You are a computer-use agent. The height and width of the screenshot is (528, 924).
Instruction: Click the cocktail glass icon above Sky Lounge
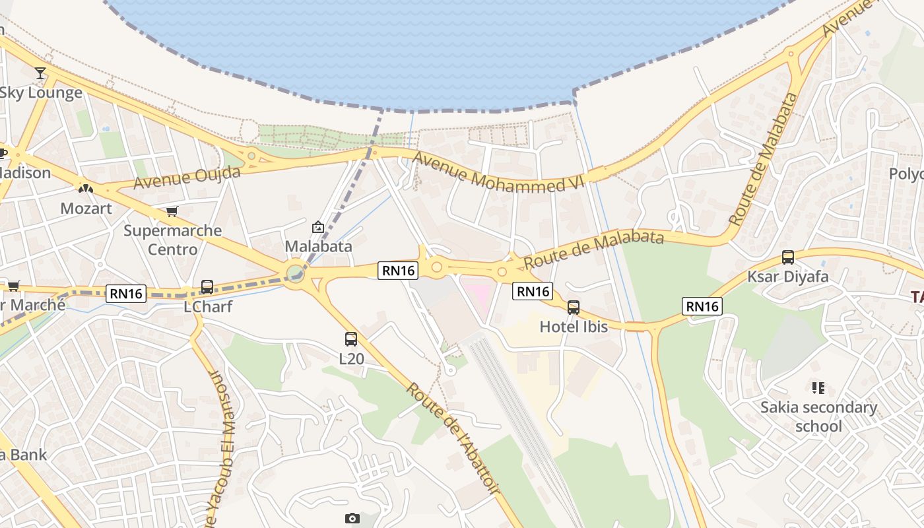(41, 73)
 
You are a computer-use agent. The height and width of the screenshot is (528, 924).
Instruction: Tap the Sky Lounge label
(41, 92)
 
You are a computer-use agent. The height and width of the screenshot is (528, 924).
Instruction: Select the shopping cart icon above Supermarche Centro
(172, 212)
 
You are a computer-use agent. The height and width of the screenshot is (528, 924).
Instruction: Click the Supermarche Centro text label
(173, 240)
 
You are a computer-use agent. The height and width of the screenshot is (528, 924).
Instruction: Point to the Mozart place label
(86, 209)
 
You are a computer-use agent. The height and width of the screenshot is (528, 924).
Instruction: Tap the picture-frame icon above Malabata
(318, 227)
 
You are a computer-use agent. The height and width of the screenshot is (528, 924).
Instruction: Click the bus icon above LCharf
(207, 287)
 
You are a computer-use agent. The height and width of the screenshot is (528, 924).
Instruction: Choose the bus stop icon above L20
(351, 339)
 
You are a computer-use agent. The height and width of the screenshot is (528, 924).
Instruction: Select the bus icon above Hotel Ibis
(574, 307)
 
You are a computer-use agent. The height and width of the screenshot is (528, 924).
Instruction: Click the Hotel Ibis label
(574, 326)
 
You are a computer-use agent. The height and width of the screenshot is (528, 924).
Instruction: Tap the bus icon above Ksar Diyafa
(787, 257)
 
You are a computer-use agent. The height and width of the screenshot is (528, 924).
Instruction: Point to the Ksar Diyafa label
(787, 277)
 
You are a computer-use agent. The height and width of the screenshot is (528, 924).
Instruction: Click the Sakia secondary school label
(818, 416)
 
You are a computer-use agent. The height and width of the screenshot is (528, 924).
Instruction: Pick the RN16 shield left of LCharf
(126, 294)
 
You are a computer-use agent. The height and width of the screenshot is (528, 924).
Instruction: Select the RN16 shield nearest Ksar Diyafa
(702, 306)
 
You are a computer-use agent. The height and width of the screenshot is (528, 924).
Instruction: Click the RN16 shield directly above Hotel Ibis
(532, 291)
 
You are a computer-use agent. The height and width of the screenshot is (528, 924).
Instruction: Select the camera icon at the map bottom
(352, 519)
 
